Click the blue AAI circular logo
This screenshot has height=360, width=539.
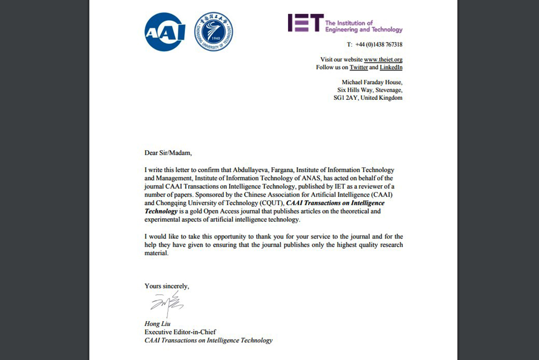(165, 31)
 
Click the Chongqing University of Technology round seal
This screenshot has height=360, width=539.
(213, 31)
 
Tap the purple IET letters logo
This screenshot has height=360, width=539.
(304, 23)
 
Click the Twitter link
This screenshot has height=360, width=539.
(358, 67)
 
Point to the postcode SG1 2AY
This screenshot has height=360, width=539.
(345, 98)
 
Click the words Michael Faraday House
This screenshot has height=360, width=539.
(372, 82)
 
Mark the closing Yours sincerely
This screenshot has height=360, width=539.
(167, 286)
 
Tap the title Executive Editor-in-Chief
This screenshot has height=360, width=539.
(180, 332)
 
